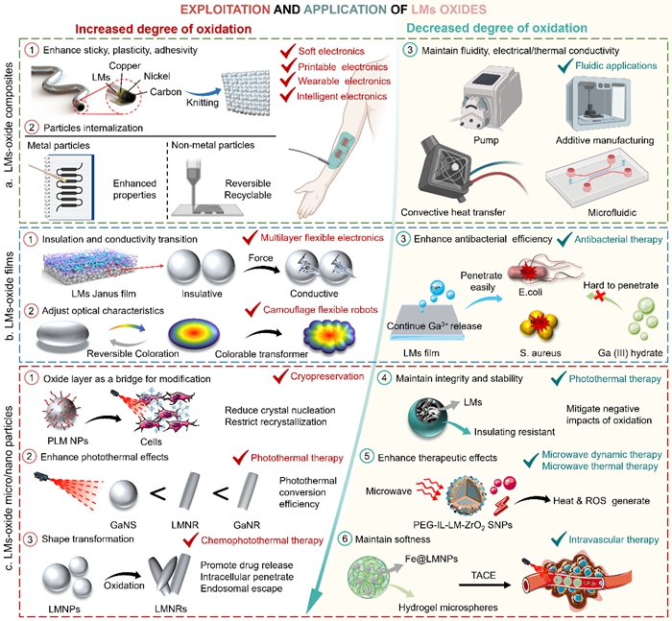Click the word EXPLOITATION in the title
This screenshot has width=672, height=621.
[224, 11]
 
